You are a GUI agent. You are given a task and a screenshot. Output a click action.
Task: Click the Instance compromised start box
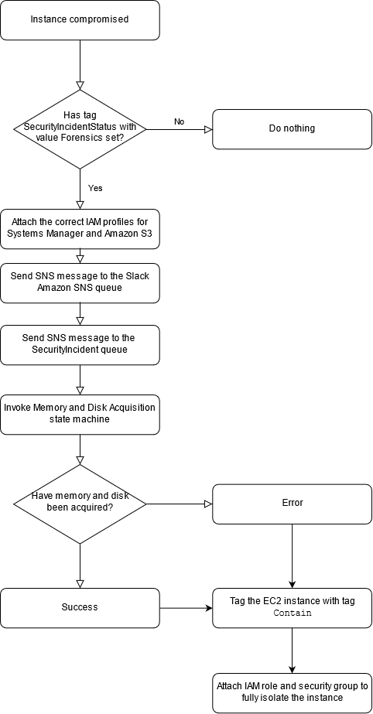click(80, 19)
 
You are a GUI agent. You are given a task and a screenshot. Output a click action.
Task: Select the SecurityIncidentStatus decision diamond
click(80, 128)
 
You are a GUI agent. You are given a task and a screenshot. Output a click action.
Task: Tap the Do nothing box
click(292, 128)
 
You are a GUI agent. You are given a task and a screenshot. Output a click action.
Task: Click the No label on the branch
click(179, 121)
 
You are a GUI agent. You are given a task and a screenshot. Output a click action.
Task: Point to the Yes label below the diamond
click(95, 188)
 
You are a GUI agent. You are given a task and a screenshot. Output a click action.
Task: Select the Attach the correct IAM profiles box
click(80, 228)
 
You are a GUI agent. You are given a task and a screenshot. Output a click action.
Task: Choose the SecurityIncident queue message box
click(80, 344)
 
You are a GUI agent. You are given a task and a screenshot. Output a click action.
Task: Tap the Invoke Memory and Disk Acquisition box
click(80, 414)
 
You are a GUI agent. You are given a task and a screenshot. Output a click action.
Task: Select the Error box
click(292, 503)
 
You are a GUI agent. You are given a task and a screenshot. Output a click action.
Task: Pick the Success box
click(80, 607)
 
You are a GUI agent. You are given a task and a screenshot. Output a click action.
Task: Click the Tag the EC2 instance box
click(292, 607)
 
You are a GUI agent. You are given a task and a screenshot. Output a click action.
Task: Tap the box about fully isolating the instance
click(292, 692)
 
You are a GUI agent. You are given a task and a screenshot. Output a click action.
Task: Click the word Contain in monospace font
click(293, 613)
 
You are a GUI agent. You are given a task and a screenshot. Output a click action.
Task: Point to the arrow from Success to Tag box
click(186, 607)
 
